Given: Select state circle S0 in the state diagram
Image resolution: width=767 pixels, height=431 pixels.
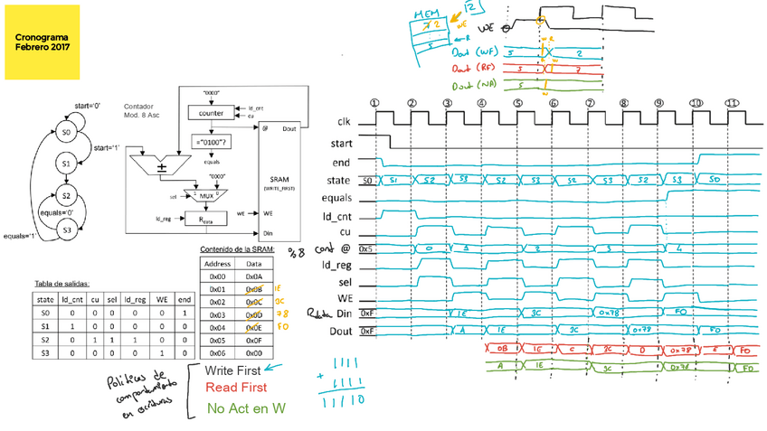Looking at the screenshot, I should click(x=66, y=133).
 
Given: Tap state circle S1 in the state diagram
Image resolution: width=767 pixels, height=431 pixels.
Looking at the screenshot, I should click(x=66, y=164).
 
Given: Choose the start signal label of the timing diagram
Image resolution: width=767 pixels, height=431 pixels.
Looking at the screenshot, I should click(x=342, y=143).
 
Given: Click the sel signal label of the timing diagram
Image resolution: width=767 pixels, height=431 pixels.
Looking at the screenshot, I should click(x=346, y=280).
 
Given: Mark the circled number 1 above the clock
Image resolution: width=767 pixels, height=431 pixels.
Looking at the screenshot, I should click(x=375, y=102).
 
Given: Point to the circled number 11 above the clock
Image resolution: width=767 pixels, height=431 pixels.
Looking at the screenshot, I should click(x=730, y=102).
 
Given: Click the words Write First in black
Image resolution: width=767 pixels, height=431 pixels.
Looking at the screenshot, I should click(x=232, y=370).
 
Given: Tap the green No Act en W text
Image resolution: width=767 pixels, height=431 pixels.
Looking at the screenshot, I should click(x=244, y=408).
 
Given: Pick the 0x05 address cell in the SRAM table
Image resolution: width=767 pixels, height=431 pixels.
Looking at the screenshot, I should click(x=218, y=341).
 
